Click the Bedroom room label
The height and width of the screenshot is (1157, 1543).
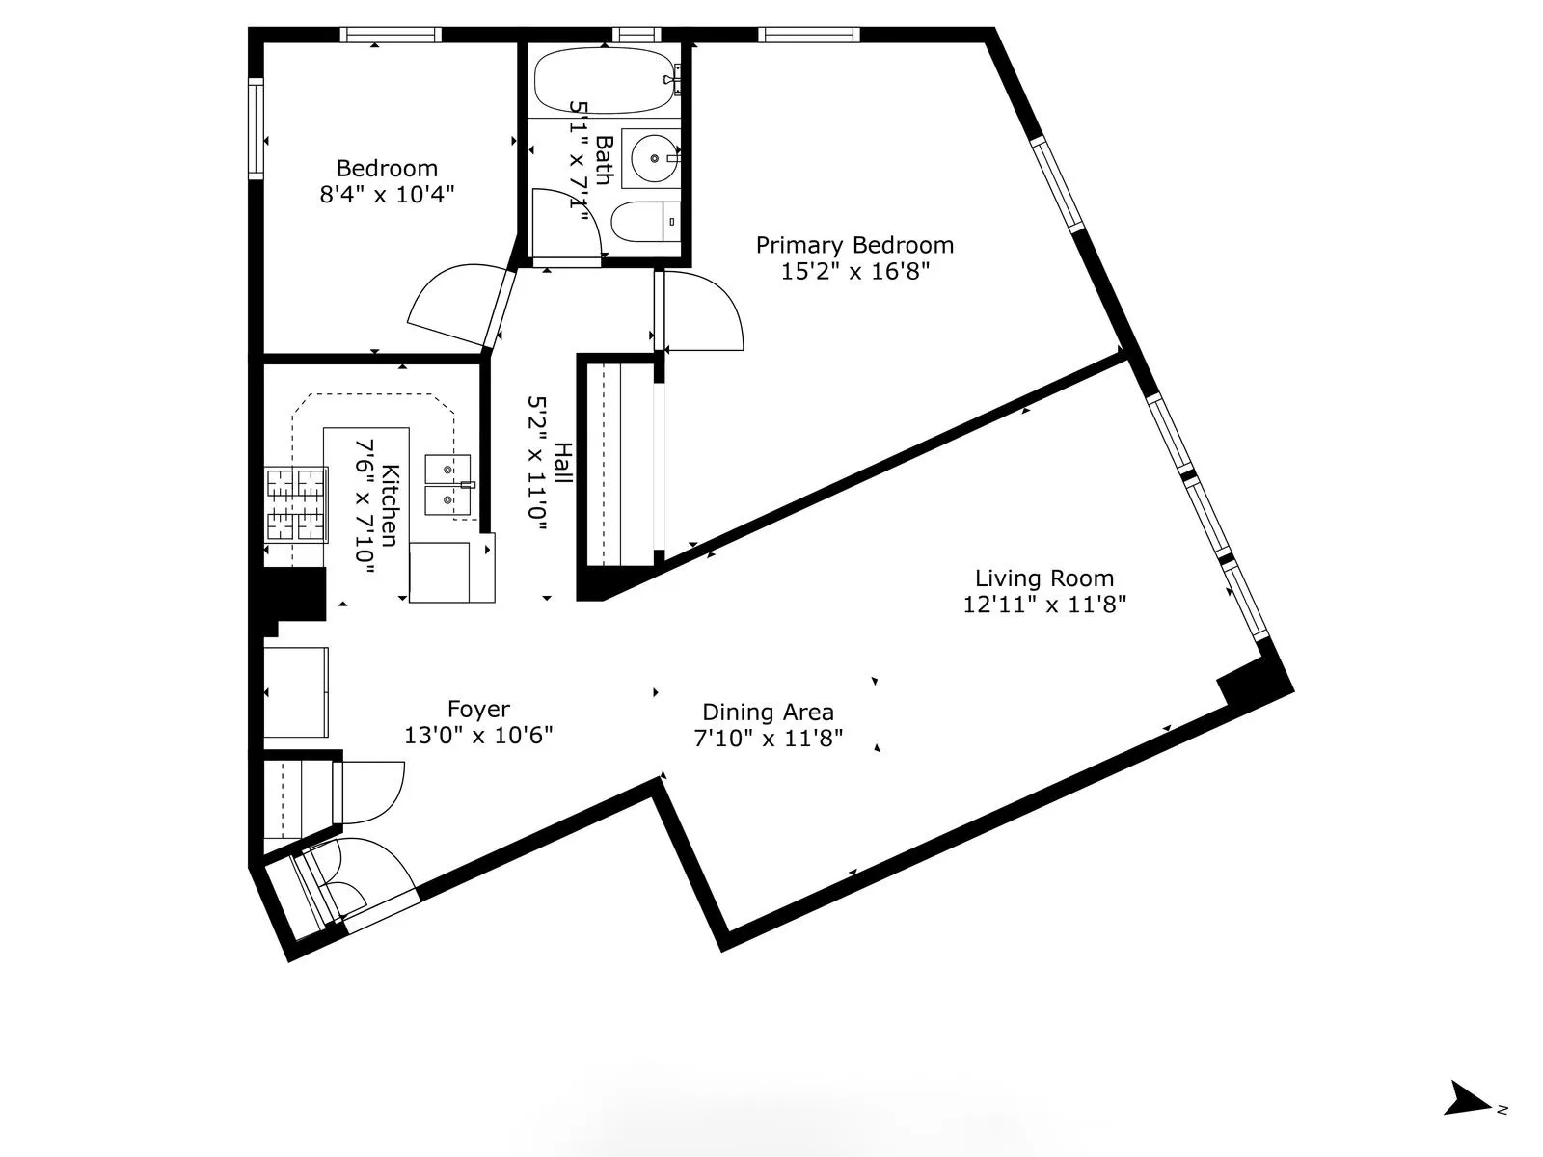point(387,169)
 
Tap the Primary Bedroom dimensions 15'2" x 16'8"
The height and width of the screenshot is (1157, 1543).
point(854,272)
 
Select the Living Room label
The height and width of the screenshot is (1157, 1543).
point(1044,578)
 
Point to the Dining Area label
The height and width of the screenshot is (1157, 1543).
point(768,713)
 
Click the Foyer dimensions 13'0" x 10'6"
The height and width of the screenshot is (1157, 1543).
point(478,736)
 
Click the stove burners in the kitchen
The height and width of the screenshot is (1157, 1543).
point(297,504)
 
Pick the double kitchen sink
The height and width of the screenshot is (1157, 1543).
point(447,486)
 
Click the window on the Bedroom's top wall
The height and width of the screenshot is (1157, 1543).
point(392,35)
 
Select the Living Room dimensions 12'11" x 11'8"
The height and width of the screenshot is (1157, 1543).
point(1044,605)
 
